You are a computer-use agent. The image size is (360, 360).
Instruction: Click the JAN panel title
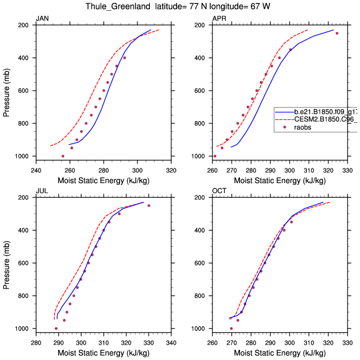pyautogui.click(x=42, y=19)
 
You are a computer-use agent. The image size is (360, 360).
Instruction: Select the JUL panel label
pyautogui.click(x=42, y=191)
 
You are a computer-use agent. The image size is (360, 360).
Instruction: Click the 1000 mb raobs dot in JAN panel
pyautogui.click(x=63, y=156)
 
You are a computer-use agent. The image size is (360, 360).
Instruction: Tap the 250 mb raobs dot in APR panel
pyautogui.click(x=337, y=33)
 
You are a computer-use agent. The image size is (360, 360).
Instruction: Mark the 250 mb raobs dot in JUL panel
pyautogui.click(x=149, y=206)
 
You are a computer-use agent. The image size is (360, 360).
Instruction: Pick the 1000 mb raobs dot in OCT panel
pyautogui.click(x=231, y=328)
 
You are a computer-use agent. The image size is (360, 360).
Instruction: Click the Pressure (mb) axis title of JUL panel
pyautogui.click(x=7, y=263)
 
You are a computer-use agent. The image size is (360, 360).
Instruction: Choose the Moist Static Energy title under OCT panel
pyautogui.click(x=279, y=353)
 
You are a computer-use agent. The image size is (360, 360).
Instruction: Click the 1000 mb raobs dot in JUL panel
pyautogui.click(x=56, y=328)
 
